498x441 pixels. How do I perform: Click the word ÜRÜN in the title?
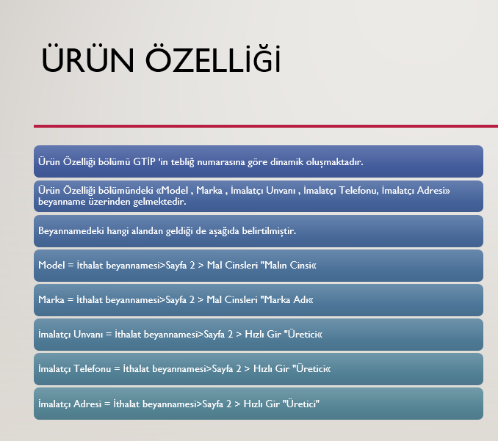pyautogui.click(x=87, y=59)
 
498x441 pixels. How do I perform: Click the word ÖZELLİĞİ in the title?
pyautogui.click(x=213, y=59)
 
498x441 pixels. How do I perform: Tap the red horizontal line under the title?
pyautogui.click(x=266, y=126)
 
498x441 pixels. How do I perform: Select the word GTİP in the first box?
pyautogui.click(x=144, y=162)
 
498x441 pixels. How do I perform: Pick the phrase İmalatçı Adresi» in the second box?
pyautogui.click(x=416, y=190)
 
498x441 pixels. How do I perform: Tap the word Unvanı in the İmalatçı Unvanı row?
pyautogui.click(x=88, y=334)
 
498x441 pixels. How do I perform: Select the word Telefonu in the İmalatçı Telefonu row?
pyautogui.click(x=92, y=368)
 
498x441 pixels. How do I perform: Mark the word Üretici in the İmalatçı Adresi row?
pyautogui.click(x=301, y=404)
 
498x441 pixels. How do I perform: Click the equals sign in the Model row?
pyautogui.click(x=71, y=265)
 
